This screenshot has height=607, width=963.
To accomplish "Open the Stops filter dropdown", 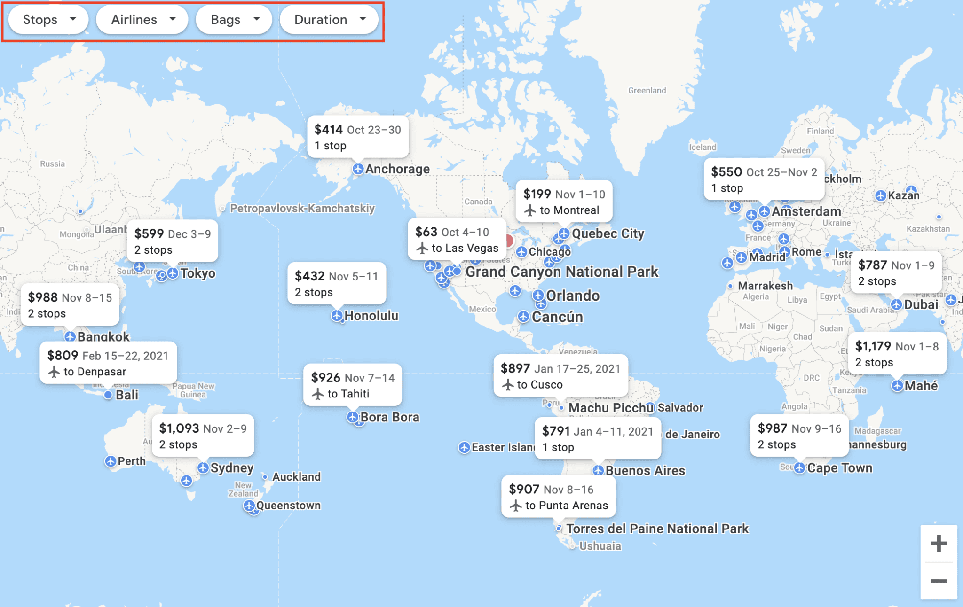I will coord(48,20).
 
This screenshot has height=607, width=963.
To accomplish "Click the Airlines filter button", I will coord(142,20).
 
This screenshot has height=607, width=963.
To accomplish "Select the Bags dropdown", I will coord(234,20).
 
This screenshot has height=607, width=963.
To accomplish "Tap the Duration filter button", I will coord(329,20).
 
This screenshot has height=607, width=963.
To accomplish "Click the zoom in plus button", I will coord(939,544).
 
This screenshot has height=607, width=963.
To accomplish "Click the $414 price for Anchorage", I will coord(328,130).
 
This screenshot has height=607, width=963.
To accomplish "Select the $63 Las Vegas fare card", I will coord(457,240).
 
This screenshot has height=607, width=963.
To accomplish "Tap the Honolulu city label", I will coord(371,316).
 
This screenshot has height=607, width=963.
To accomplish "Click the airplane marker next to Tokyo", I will coord(173,273).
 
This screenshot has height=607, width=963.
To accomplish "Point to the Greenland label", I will coord(647,90).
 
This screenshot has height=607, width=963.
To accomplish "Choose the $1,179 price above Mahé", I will coord(873,347).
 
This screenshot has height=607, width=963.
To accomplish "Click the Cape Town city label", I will coord(839,468).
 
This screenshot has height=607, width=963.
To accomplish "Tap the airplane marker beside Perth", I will coord(111,461).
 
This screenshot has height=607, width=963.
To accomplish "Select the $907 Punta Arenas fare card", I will coord(558,497).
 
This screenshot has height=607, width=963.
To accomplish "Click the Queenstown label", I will coord(288,506).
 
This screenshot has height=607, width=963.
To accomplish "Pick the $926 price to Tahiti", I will coord(325,378).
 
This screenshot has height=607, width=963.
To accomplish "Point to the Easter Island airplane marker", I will coord(464,447).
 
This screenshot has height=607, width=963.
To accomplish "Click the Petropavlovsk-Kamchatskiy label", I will coord(302,208).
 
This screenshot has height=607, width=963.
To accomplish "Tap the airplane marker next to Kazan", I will coord(881,195).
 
